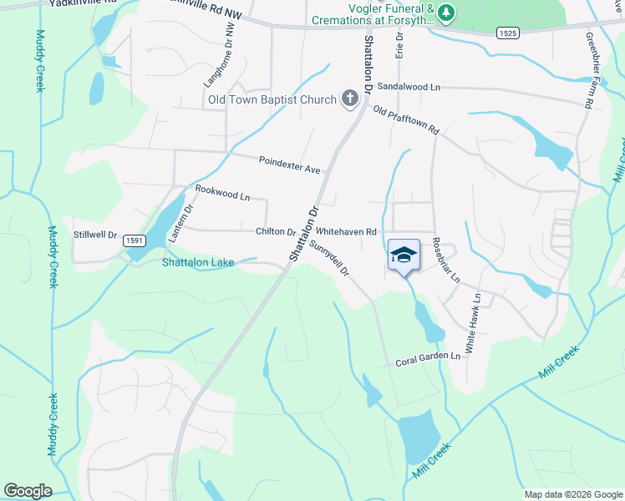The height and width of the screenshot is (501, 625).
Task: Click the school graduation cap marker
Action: [404, 255]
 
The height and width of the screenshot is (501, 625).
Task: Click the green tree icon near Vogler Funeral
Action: [447, 12]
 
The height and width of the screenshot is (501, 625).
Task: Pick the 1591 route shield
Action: [134, 240]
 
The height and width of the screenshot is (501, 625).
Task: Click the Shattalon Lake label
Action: [197, 262]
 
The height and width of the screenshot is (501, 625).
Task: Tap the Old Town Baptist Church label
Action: [271, 100]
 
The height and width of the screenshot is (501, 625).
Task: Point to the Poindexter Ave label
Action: [289, 164]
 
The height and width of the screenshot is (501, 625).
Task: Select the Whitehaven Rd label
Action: [347, 232]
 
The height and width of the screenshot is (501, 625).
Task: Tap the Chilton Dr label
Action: [275, 232]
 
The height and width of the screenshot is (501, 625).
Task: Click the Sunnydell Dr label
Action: [328, 258]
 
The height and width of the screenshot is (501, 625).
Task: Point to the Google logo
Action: [28, 491]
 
